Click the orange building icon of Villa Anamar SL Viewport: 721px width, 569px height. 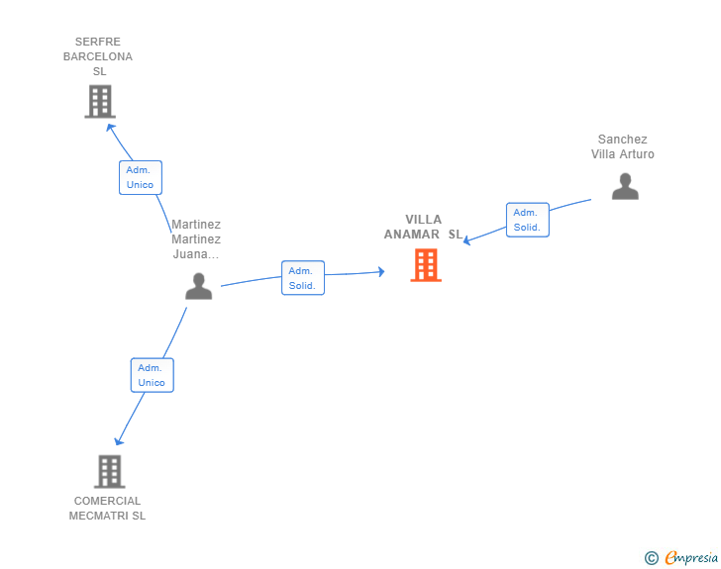426,265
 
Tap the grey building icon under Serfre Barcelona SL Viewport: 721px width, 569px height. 100,102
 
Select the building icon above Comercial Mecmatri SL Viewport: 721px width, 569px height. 109,472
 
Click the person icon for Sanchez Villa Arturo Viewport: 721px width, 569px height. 625,186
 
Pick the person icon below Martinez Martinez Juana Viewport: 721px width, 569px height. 199,286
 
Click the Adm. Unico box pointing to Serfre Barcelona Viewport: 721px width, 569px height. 141,177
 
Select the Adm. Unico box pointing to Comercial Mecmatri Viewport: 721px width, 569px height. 153,375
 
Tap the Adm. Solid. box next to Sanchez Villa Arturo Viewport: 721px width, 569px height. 528,220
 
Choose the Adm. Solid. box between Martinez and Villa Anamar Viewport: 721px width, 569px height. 303,278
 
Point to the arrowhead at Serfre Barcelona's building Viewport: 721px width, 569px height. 110,128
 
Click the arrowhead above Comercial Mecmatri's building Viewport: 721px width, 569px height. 119,441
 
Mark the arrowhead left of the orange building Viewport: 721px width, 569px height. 381,271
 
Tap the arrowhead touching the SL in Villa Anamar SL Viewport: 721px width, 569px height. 466,240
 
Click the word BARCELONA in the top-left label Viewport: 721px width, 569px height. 98,56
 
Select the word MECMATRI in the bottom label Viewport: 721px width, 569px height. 99,516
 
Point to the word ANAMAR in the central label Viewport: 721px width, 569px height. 412,235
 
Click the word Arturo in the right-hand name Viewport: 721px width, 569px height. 637,154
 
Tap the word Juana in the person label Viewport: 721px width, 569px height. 190,254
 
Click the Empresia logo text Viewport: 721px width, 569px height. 691,557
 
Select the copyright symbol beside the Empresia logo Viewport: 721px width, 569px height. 652,558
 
